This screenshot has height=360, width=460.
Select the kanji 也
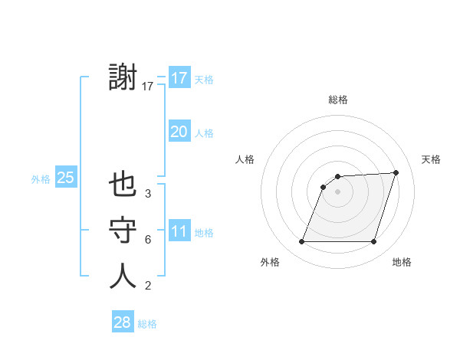pyautogui.click(x=123, y=186)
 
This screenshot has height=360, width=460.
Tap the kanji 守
pyautogui.click(x=123, y=231)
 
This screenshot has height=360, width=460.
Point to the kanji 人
pyautogui.click(x=123, y=277)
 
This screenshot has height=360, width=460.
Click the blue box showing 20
pyautogui.click(x=179, y=132)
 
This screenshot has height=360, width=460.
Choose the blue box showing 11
pyautogui.click(x=179, y=231)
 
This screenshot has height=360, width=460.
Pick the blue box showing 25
pyautogui.click(x=65, y=178)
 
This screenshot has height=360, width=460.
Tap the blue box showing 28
pyautogui.click(x=122, y=322)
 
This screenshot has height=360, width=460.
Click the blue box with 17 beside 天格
pyautogui.click(x=179, y=78)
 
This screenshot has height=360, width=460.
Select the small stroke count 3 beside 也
pyautogui.click(x=148, y=195)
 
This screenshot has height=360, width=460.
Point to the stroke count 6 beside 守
pyautogui.click(x=148, y=240)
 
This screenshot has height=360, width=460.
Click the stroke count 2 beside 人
pyautogui.click(x=148, y=286)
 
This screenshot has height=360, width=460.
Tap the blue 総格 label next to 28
pyautogui.click(x=147, y=324)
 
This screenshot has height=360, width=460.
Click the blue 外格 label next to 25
pyautogui.click(x=41, y=179)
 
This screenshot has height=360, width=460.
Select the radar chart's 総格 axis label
pyautogui.click(x=337, y=100)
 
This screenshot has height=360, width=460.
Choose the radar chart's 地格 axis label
pyautogui.click(x=402, y=262)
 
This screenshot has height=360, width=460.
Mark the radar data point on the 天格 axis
pyautogui.click(x=396, y=172)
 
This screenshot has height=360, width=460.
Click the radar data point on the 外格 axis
pyautogui.click(x=301, y=242)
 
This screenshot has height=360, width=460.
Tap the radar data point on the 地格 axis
pyautogui.click(x=373, y=242)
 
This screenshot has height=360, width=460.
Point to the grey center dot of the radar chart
pyautogui.click(x=337, y=191)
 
